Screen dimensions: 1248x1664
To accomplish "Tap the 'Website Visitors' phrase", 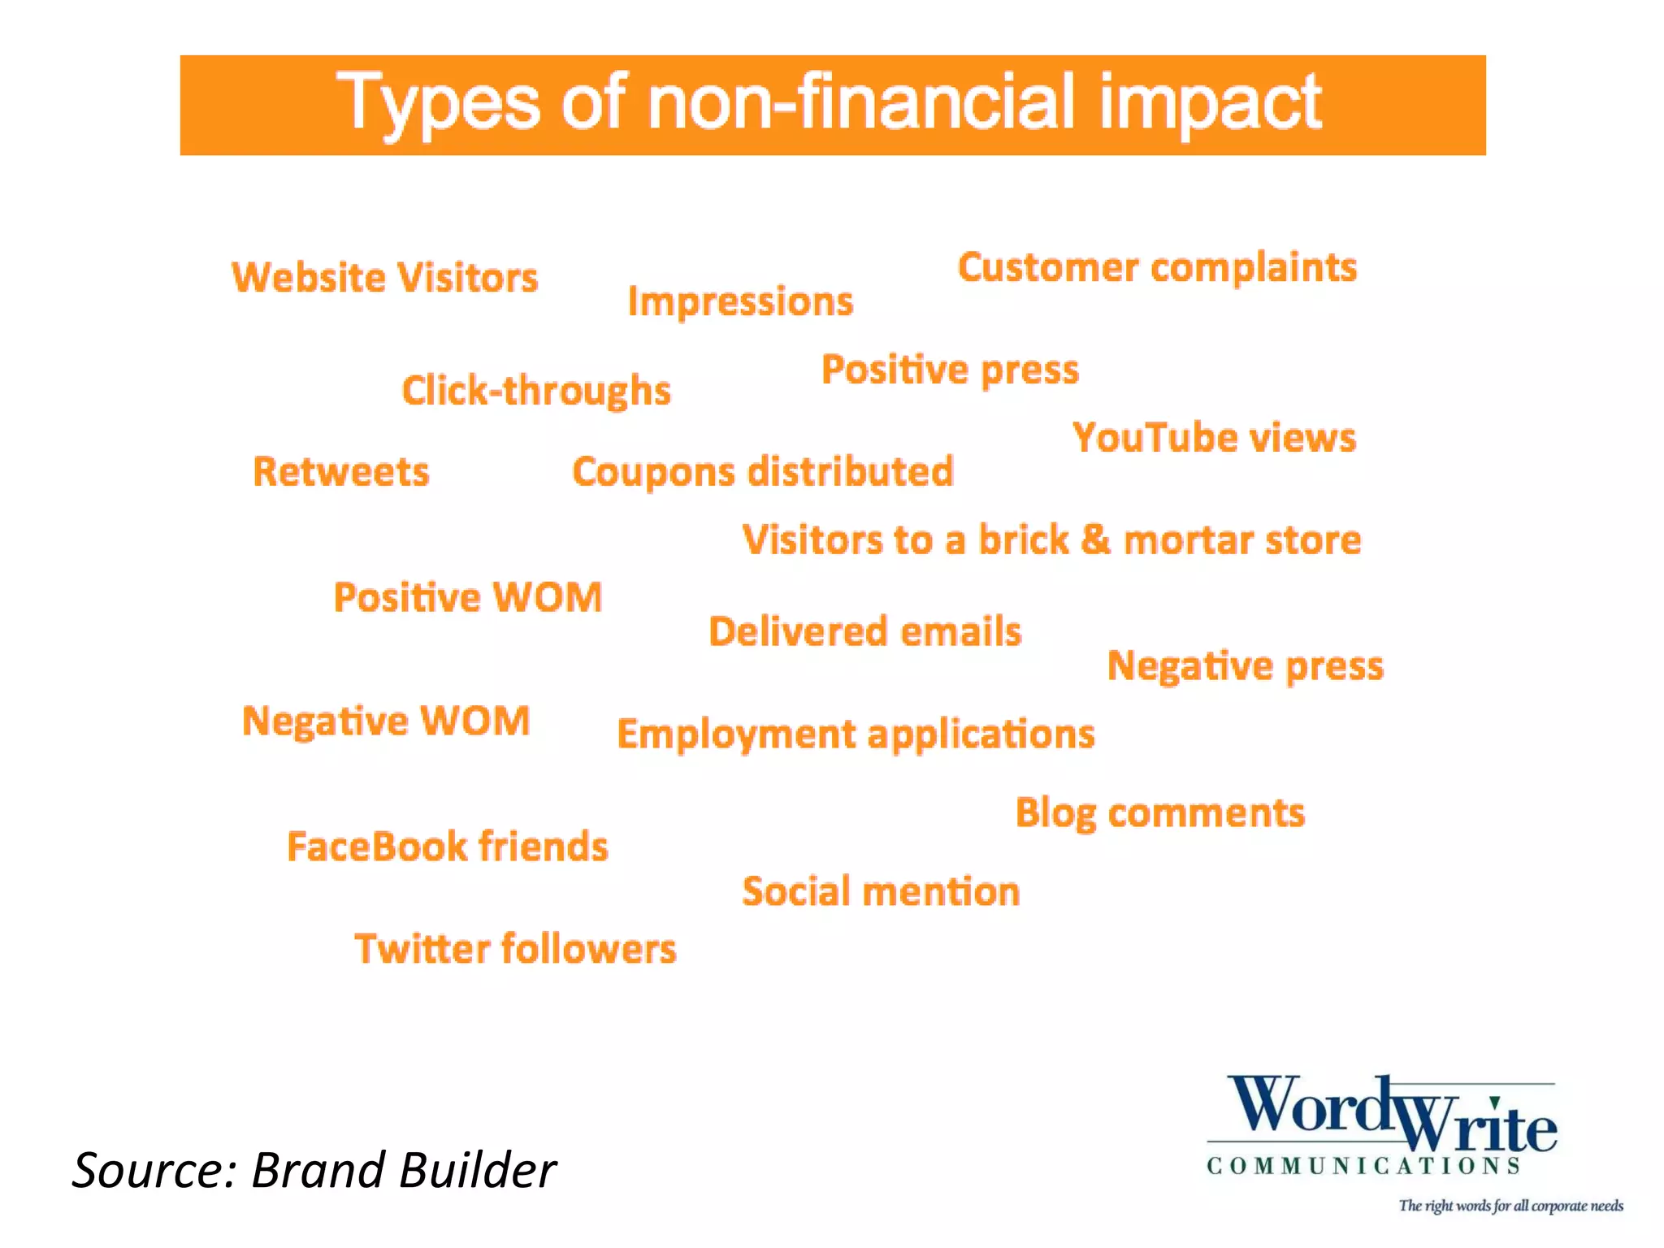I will [385, 278].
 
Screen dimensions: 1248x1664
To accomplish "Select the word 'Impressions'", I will [740, 301].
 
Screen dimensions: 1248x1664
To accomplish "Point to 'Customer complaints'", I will [1157, 268].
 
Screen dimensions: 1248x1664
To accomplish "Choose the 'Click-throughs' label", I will [536, 391].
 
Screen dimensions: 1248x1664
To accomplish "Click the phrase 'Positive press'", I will [950, 370].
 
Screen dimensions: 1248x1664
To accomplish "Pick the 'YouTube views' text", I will [1214, 438].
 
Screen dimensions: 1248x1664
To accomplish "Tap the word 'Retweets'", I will [341, 472].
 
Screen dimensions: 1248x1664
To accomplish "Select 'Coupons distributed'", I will [763, 472].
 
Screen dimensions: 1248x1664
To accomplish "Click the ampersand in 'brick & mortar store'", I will [1095, 539].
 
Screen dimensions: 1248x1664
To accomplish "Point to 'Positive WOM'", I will [468, 598].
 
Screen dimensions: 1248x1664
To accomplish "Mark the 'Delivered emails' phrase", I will [864, 632].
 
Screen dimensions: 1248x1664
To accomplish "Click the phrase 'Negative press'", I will [1245, 666].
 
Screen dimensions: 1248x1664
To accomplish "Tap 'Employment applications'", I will [856, 734].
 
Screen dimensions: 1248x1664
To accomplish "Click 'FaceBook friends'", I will [448, 847].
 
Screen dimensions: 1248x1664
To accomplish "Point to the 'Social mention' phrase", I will [881, 891].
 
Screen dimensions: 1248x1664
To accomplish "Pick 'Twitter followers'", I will [515, 949].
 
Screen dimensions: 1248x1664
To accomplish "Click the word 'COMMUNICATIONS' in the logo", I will [1363, 1167].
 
